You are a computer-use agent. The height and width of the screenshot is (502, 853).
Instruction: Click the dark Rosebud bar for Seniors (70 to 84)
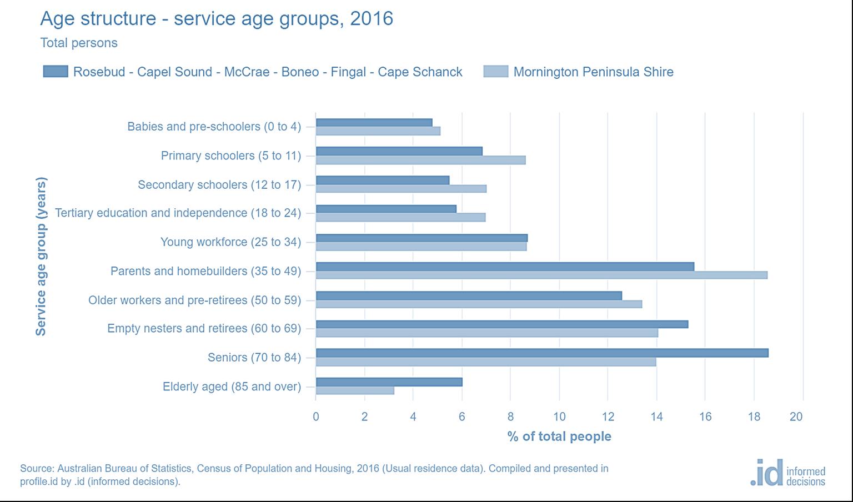541,353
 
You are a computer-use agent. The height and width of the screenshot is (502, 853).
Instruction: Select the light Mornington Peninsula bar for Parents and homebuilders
541,275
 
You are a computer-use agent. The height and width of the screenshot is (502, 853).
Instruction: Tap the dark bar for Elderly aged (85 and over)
389,382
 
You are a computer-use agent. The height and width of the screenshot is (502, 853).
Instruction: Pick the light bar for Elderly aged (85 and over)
355,390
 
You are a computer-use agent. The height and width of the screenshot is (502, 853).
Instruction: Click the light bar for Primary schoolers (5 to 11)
420,160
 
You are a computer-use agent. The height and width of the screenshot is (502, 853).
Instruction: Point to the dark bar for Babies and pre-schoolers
374,122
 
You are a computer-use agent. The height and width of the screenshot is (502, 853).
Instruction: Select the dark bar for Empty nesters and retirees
501,324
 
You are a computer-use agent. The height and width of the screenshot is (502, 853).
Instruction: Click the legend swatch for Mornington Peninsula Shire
495,72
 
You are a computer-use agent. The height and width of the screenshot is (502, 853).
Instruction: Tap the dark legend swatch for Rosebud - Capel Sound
56,72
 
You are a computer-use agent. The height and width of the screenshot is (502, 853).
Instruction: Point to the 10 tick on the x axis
559,416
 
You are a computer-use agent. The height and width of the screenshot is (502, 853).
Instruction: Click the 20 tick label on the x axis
796,416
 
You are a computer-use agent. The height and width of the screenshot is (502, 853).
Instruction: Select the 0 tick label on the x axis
316,416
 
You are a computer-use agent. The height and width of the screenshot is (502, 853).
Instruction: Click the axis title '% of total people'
559,436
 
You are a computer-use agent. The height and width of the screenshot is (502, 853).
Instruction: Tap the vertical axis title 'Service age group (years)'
41,256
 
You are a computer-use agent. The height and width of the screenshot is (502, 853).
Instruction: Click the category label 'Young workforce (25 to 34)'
230,242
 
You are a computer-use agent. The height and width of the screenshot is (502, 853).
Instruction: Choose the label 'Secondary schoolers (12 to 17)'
219,184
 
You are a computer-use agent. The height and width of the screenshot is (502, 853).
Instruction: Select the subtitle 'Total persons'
79,43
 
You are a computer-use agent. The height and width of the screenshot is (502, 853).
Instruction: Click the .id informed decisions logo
787,473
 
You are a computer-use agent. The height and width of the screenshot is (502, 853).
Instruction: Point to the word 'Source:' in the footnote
37,468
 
